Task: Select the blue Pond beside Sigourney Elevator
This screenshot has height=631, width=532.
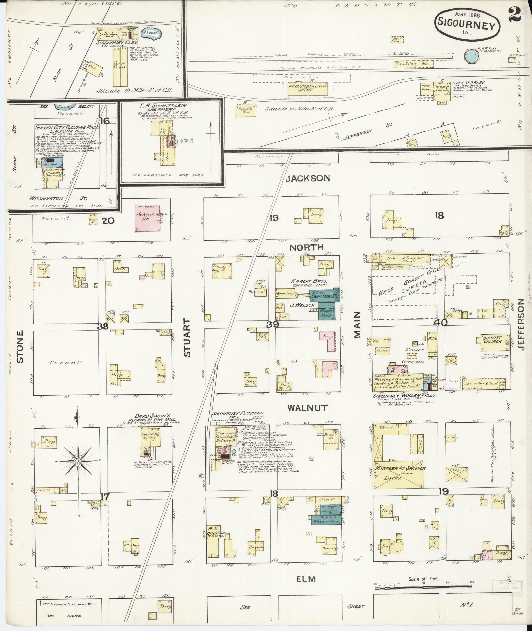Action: coord(150,33)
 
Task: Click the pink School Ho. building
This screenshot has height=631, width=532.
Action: coord(146,218)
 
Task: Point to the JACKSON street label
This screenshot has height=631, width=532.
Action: coord(307,178)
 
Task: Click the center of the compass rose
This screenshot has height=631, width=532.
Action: coord(78,461)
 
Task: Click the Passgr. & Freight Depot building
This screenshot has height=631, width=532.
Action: coord(307,88)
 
